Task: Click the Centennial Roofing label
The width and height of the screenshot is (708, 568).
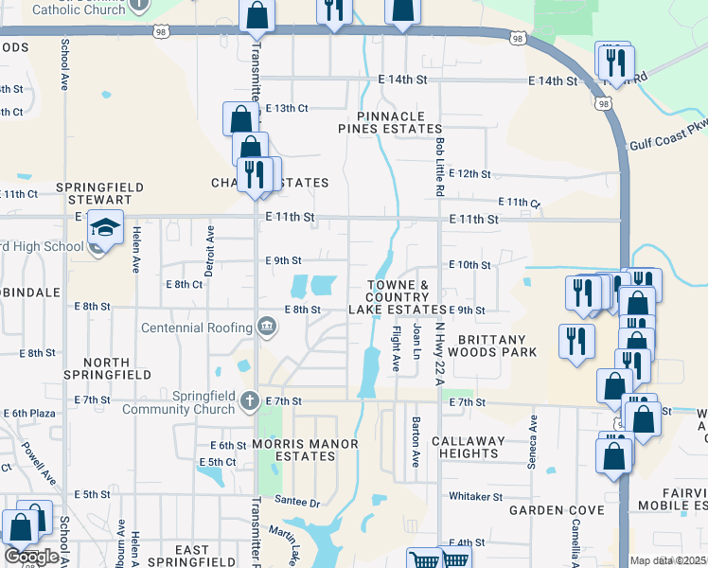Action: click(197, 328)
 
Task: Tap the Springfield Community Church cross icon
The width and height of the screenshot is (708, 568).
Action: click(249, 400)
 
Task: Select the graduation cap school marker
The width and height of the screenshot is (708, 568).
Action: click(105, 227)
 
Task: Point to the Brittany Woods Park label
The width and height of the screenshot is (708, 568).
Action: click(498, 345)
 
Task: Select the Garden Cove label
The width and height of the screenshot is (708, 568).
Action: click(557, 510)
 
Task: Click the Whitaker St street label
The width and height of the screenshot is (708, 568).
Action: click(475, 496)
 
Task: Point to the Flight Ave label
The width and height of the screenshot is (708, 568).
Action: click(397, 349)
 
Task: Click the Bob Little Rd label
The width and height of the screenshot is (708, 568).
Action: click(440, 166)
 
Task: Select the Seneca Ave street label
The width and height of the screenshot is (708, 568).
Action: click(533, 441)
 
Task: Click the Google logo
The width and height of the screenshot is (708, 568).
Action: click(31, 557)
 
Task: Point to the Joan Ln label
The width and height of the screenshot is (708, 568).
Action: click(416, 342)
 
